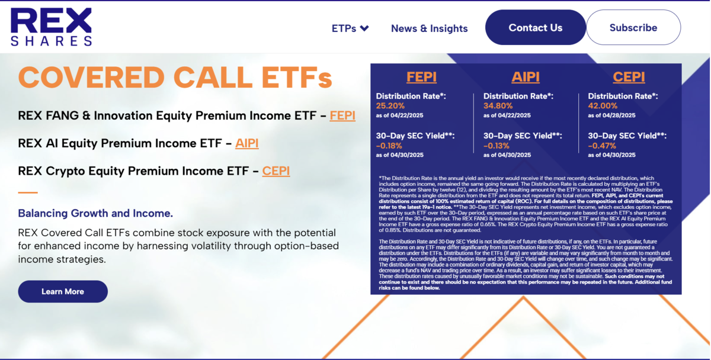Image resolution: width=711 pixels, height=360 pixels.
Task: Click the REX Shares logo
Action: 51,27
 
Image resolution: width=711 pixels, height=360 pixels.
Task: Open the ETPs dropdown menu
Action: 350,28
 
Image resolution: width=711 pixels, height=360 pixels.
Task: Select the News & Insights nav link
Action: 429,28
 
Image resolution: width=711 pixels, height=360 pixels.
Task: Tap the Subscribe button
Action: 633,28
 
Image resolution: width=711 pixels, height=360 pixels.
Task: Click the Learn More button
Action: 63,291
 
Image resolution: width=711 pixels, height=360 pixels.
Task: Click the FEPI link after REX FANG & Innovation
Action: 342,115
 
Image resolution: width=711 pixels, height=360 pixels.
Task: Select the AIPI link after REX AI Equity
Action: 246,143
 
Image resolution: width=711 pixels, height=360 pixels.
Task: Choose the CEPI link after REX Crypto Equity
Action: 276,171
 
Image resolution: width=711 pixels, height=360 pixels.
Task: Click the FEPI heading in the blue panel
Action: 421,77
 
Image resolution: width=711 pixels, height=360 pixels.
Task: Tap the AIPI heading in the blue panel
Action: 526,77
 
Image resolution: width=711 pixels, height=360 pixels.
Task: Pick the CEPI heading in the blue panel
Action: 629,77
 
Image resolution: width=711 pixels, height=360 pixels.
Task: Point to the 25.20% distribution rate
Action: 390,105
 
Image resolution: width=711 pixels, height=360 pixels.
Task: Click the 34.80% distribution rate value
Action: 498,105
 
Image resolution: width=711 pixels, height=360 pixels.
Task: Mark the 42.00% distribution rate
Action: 603,105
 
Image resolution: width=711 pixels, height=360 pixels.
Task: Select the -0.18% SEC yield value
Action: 389,146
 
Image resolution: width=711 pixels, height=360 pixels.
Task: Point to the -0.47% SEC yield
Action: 602,146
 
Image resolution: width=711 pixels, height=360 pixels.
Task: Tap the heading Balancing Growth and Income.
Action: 95,214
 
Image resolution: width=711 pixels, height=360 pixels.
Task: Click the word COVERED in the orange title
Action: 91,78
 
